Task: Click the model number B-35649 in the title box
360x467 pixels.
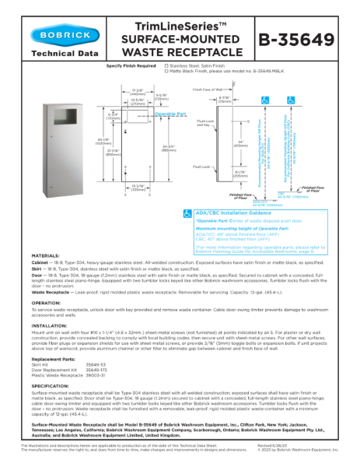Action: [x=304, y=39]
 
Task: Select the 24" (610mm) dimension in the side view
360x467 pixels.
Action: [x=224, y=142]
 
